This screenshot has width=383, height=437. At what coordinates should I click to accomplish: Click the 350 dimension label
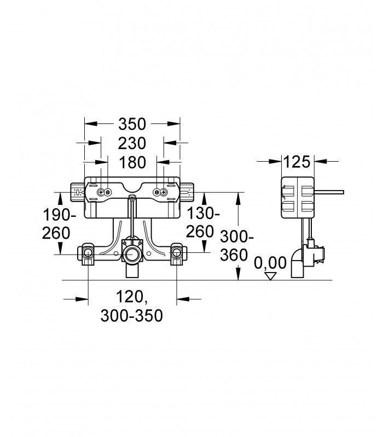pyautogui.click(x=132, y=124)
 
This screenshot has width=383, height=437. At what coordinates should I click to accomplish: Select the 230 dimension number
pyautogui.click(x=132, y=143)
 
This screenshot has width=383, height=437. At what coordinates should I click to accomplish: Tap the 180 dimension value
pyautogui.click(x=132, y=162)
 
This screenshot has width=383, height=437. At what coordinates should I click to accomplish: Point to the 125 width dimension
pyautogui.click(x=297, y=161)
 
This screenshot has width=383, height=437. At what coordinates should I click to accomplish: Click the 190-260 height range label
pyautogui.click(x=59, y=224)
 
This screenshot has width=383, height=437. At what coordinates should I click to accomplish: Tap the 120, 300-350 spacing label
pyautogui.click(x=132, y=306)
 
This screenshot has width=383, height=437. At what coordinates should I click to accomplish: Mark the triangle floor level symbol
pyautogui.click(x=270, y=276)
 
